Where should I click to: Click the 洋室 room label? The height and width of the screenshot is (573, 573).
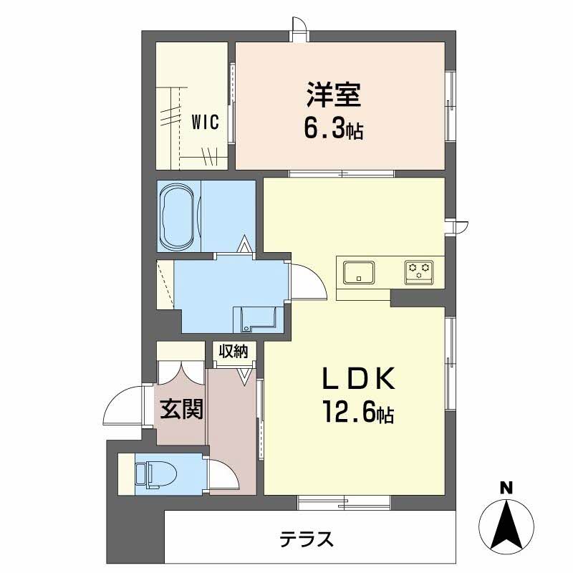pos(334,95)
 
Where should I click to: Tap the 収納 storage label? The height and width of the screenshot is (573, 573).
pos(233,352)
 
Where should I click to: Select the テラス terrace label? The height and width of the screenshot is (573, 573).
pos(306,537)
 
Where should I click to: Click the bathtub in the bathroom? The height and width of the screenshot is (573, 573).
pos(178,216)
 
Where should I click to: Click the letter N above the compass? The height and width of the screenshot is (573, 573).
pos(506,489)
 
